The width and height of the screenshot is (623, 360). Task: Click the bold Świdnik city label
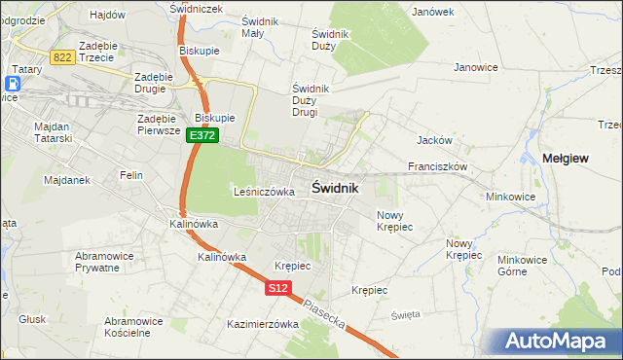tap(335, 188)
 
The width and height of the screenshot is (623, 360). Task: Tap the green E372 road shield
tap(202, 136)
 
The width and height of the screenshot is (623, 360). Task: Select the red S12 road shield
tap(277, 288)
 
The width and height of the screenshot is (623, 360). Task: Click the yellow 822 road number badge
tap(63, 57)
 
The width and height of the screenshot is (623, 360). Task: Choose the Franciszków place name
tap(439, 166)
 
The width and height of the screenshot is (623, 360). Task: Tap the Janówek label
tap(433, 12)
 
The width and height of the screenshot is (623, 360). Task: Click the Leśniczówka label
tap(264, 192)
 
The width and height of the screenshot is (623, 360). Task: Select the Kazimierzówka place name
tap(262, 324)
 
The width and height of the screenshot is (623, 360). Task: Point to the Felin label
tap(131, 175)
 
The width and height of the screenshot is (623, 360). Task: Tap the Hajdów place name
tap(107, 15)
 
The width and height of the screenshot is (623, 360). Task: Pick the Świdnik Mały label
tap(260, 27)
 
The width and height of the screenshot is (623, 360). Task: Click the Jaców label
tap(431, 140)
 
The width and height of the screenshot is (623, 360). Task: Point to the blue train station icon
tap(18, 83)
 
